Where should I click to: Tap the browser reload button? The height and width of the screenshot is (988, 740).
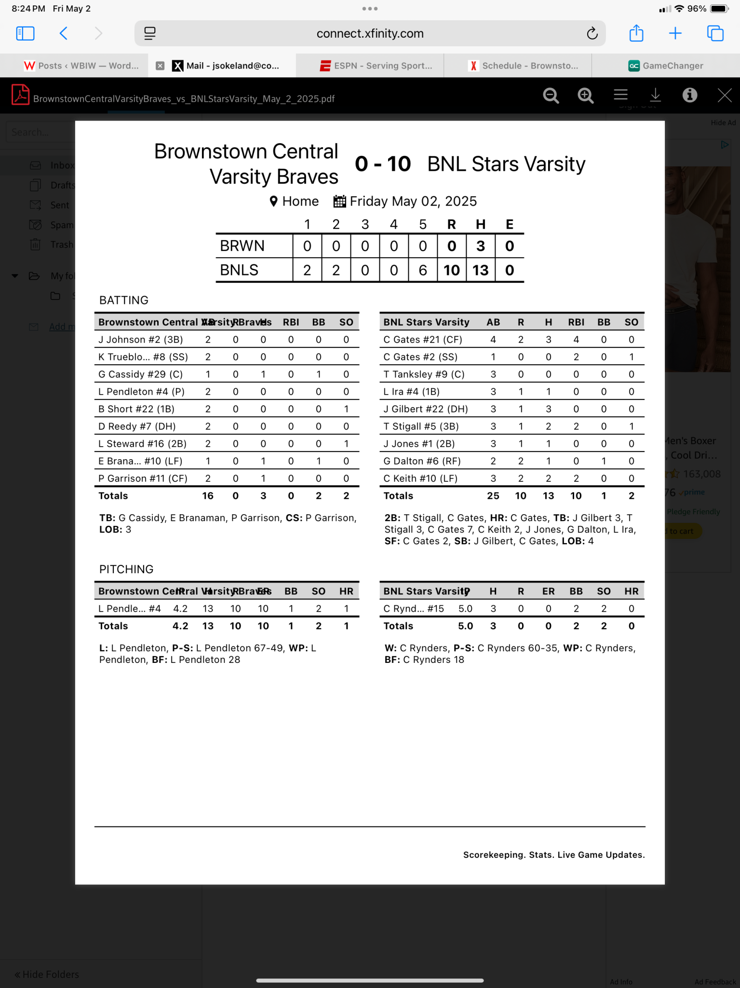pos(592,33)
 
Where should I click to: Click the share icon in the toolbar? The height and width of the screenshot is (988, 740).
pos(636,33)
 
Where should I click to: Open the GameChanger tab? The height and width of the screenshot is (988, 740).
pos(666,66)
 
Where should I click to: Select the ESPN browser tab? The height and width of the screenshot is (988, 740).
pos(377,66)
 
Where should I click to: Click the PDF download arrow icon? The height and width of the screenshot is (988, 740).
pos(655,95)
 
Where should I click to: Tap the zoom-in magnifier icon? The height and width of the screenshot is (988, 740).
pos(585,96)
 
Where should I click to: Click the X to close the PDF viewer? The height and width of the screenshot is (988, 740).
pos(724,95)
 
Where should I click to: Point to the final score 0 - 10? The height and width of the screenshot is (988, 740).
pos(383,164)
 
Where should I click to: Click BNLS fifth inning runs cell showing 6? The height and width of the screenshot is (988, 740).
pos(422,270)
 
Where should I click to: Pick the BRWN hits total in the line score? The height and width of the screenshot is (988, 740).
pos(480,246)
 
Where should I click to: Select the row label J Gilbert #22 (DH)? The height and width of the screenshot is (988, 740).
pos(425,409)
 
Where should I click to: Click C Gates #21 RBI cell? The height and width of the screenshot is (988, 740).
pos(576,340)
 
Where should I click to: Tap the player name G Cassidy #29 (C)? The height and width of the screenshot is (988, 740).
pos(140,374)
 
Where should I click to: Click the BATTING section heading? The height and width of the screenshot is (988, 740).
pos(123,300)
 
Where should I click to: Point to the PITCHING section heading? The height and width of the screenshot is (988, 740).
pos(126,569)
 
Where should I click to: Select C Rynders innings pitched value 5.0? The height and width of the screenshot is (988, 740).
pos(465,609)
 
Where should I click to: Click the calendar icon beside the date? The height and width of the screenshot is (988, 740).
pos(339,201)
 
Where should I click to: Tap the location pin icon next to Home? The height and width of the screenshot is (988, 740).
pos(273,201)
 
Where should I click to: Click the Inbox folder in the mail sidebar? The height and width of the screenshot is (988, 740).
pos(62,165)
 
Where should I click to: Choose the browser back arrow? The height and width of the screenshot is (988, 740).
pos(64,33)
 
